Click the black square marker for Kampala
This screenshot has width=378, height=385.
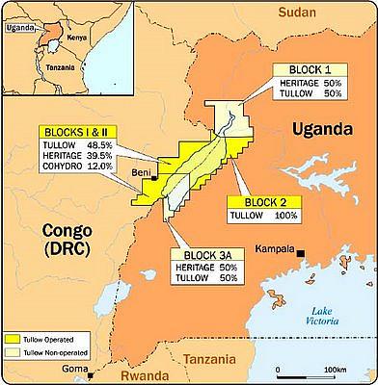[x=302, y=253]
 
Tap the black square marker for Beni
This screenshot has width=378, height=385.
[x=155, y=177]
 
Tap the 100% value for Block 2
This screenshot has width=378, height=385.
[x=283, y=217]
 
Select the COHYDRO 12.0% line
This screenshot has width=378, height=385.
[x=82, y=167]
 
